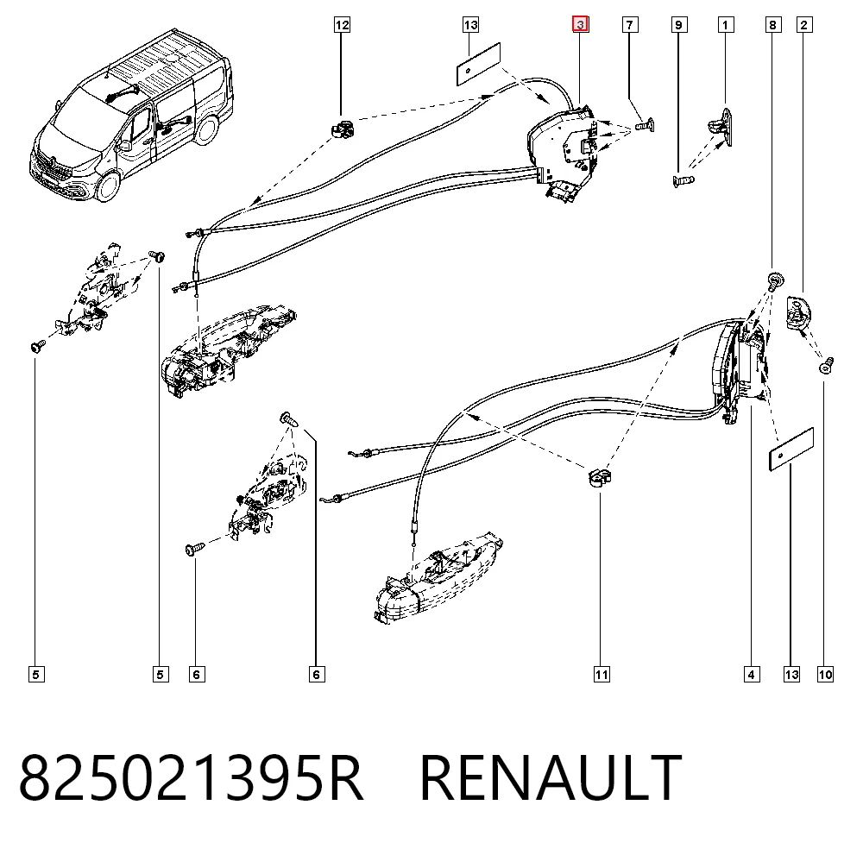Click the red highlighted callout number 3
click(580, 25)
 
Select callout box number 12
click(342, 25)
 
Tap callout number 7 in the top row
click(630, 25)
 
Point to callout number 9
click(679, 25)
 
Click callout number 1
click(726, 25)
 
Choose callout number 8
click(773, 25)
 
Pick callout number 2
click(804, 25)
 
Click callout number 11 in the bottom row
click(602, 674)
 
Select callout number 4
click(752, 674)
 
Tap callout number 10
click(825, 674)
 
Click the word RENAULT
click(551, 777)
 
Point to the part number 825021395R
click(191, 777)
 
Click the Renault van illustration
click(132, 116)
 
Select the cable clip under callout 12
click(343, 130)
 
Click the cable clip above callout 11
click(600, 477)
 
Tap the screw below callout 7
click(645, 125)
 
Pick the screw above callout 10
click(827, 365)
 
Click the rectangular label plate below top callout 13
click(478, 65)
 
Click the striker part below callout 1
click(721, 127)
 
